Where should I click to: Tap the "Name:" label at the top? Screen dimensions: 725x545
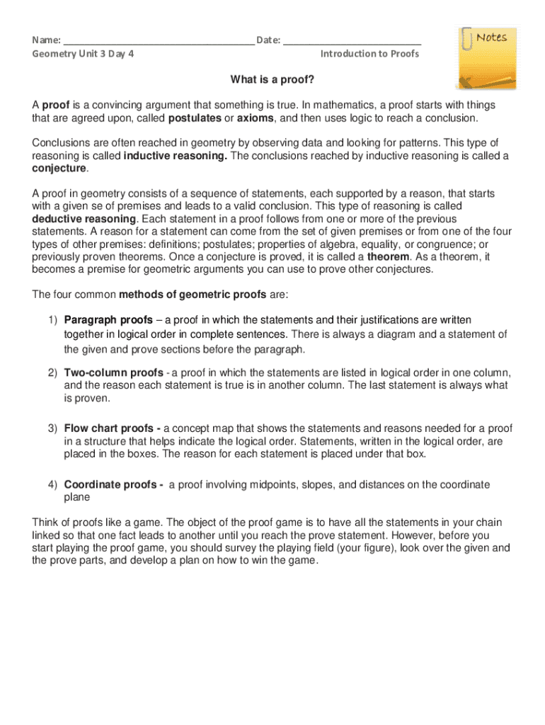coord(46,40)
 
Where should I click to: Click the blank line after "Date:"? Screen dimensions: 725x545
coord(352,41)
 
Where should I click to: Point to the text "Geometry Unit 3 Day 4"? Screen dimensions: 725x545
coord(83,54)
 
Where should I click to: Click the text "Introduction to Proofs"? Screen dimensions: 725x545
coord(369,54)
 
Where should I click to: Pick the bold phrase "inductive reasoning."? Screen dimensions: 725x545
coord(176,156)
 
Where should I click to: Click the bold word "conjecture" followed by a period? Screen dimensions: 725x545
coord(59,169)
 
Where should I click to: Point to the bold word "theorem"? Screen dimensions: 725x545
coord(388,257)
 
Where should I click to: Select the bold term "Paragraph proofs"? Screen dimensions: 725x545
coord(108,320)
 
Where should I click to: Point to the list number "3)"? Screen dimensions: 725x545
coord(52,428)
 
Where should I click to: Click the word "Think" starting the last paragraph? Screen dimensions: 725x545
coord(45,523)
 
